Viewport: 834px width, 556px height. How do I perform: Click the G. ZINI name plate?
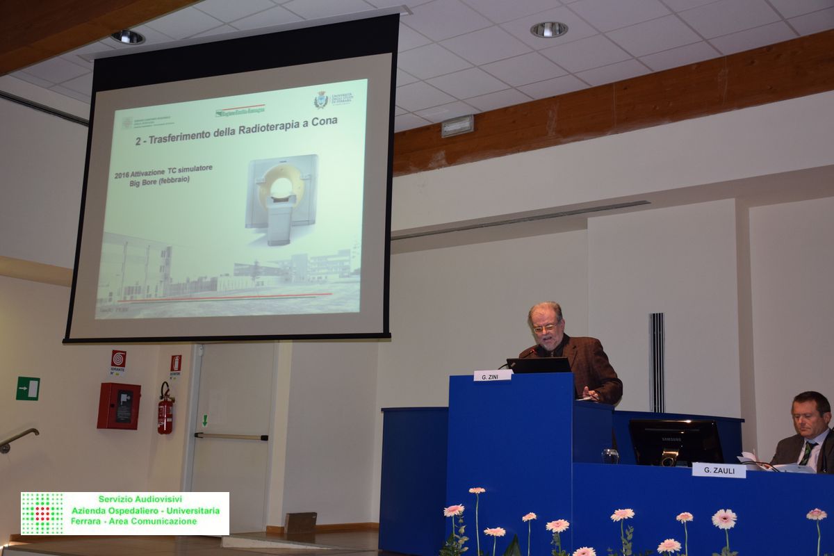[x=492, y=376]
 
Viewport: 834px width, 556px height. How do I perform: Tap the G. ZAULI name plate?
[x=719, y=471]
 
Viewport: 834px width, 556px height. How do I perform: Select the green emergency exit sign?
[x=28, y=388]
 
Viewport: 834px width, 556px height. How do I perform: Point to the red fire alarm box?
[x=118, y=406]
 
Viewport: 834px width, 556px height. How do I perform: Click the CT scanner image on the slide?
[x=281, y=198]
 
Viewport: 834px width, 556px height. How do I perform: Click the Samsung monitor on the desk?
[x=675, y=442]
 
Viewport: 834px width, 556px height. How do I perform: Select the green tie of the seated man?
[x=807, y=453]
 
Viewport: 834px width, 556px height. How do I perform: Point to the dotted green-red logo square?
[x=42, y=513]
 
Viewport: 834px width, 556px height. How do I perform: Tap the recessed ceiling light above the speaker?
[x=548, y=29]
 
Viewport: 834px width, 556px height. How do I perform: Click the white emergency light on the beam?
[x=457, y=126]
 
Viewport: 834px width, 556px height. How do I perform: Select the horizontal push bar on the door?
[x=231, y=436]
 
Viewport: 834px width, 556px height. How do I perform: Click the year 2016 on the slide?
[x=124, y=176]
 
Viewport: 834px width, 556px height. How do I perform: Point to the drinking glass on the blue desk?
[x=610, y=456]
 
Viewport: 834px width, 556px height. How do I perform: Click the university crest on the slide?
[x=320, y=100]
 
